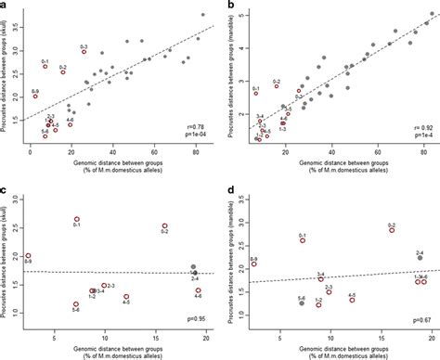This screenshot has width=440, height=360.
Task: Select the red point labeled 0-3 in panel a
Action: [x=84, y=52]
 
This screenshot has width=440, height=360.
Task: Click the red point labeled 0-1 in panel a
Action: [x=45, y=67]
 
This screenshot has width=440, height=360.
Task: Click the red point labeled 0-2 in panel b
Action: [x=276, y=89]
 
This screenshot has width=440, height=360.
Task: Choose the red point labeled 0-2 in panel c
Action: [x=164, y=226]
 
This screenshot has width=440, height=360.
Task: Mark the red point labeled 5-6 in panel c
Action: [x=76, y=304]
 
